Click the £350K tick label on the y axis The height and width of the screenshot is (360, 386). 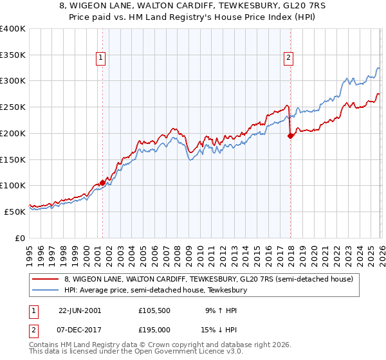13,55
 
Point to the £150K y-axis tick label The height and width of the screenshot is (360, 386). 13,159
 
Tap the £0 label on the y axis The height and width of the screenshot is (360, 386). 21,238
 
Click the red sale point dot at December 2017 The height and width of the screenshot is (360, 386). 290,136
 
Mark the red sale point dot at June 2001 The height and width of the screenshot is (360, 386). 103,183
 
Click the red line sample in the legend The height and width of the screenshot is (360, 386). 46,280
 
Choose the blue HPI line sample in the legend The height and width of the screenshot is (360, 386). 46,291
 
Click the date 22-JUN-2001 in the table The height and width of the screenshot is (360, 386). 80,310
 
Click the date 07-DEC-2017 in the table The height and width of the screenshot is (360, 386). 80,329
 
